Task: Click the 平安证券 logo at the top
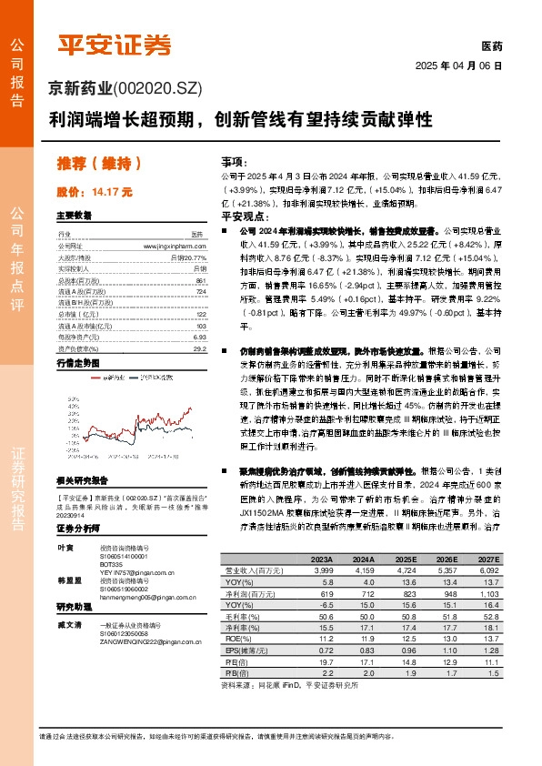pyautogui.click(x=115, y=45)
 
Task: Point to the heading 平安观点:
pyautogui.click(x=243, y=217)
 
